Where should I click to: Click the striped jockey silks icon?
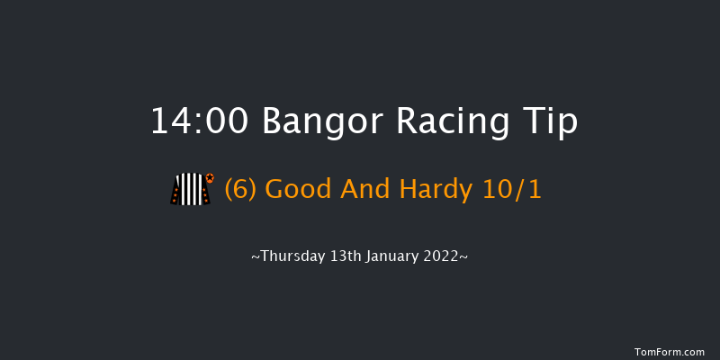click(189, 190)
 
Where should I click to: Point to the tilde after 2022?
click(464, 257)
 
